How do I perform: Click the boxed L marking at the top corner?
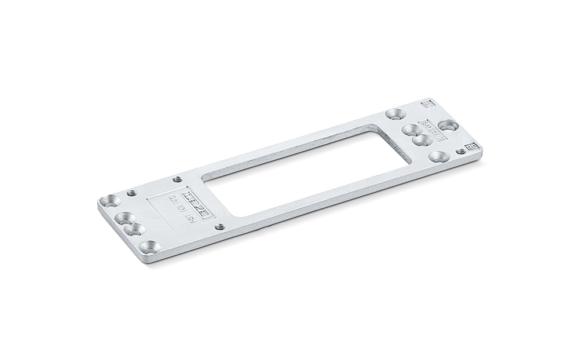pos(428,104)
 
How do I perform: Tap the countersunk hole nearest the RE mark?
pos(438,156)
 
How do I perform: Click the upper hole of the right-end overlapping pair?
pos(410,130)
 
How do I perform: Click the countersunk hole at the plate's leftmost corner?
pos(109,201)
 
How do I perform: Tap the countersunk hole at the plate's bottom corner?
pos(151,248)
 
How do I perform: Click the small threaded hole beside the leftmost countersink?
pos(132,193)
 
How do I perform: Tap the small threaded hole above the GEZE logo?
pos(177,179)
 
